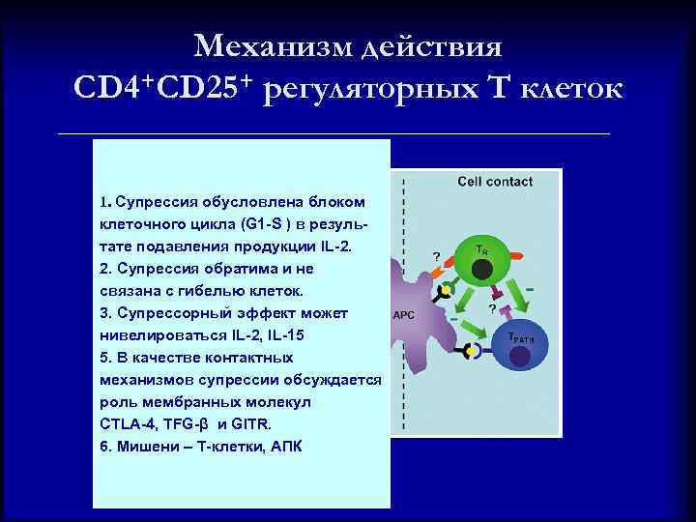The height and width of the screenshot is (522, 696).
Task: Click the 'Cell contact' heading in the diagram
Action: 495,182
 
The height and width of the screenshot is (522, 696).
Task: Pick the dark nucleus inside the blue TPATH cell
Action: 521,358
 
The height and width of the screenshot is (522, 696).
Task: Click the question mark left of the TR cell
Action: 436,256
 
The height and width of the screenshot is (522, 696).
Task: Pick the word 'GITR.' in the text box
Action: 249,424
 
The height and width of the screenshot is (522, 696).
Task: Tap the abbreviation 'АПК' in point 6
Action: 284,447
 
